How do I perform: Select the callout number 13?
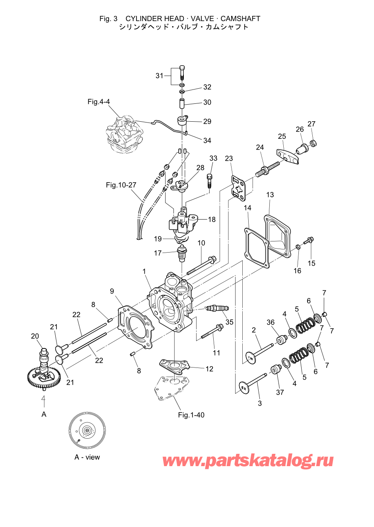270,195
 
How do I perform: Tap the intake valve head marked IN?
251,358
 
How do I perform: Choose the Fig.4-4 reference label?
99,102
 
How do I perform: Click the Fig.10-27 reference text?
121,185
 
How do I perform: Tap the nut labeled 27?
313,143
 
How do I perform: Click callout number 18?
212,220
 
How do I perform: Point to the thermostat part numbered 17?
181,253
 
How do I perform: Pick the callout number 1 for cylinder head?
144,271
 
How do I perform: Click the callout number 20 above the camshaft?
35,336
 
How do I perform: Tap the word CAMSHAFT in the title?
240,19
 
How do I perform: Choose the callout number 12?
209,369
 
